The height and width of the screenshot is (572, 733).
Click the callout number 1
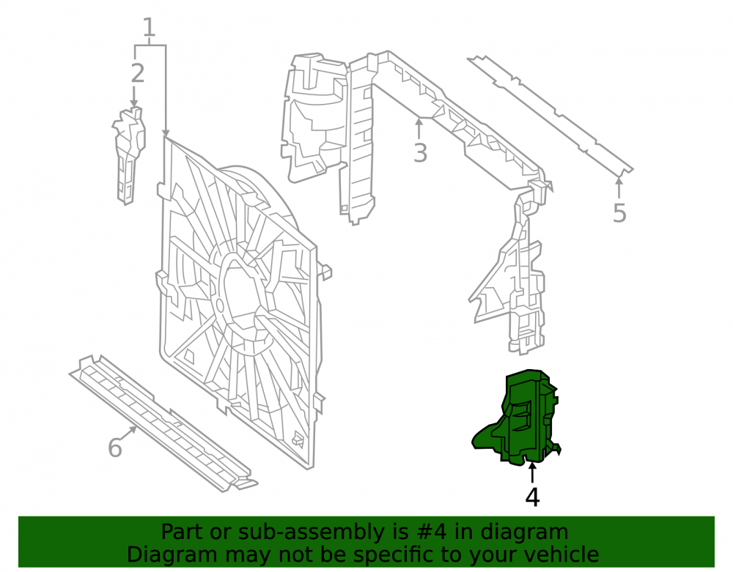point(149,28)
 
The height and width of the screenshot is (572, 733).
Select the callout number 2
point(138,73)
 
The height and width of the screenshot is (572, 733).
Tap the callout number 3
point(420,152)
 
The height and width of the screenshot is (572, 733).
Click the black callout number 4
point(532,497)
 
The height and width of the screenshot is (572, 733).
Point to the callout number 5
point(619,213)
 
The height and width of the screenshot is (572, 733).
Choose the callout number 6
point(115,447)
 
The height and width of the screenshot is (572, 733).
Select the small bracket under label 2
point(128,155)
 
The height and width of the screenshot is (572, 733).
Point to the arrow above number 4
point(532,472)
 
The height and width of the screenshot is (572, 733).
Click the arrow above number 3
point(419,128)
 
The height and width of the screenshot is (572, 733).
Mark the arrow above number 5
point(619,187)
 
